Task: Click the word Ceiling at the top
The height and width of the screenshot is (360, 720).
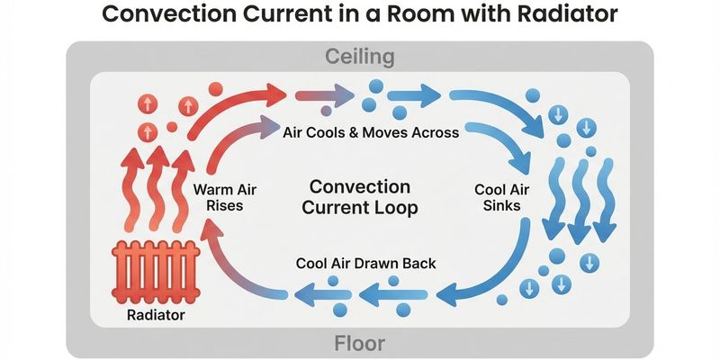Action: tap(359, 57)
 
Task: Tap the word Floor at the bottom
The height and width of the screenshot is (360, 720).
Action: tap(359, 343)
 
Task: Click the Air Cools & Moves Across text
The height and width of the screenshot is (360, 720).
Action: tap(371, 132)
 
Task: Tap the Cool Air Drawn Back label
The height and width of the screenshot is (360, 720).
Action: tap(365, 264)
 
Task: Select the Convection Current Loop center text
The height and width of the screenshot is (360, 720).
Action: tap(359, 197)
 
